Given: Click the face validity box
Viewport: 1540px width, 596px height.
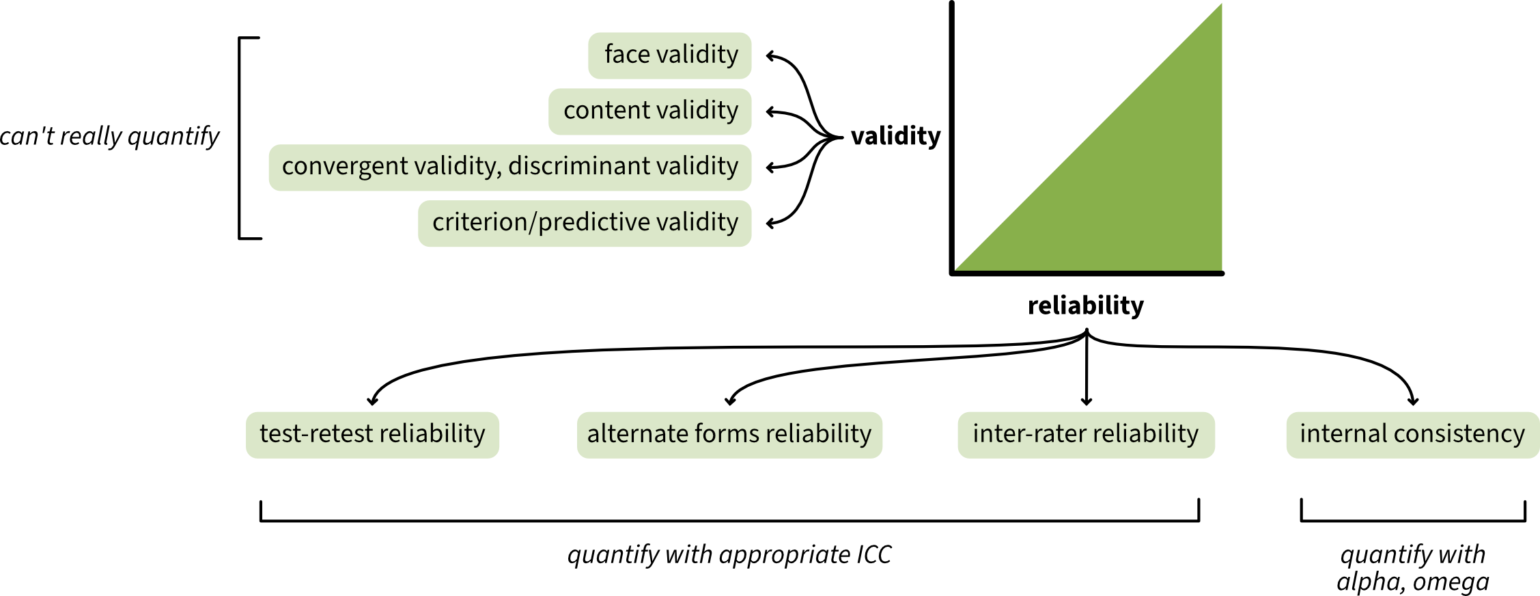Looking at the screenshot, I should pyautogui.click(x=669, y=55).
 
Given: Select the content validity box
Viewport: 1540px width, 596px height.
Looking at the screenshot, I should pyautogui.click(x=649, y=111).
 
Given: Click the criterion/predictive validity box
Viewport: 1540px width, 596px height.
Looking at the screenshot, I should pyautogui.click(x=585, y=223).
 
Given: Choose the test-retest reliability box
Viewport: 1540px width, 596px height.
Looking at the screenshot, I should pyautogui.click(x=372, y=435).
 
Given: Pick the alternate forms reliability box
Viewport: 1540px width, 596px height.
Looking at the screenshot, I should pyautogui.click(x=729, y=435).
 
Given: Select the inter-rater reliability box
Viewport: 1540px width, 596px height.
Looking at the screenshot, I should pyautogui.click(x=1086, y=435).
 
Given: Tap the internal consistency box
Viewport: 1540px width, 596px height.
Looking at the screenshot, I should pyautogui.click(x=1412, y=435).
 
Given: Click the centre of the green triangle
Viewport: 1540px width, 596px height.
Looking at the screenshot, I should pyautogui.click(x=1133, y=181).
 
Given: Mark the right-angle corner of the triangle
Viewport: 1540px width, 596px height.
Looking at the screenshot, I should pyautogui.click(x=1220, y=269).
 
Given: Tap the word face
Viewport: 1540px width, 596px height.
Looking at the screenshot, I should pyautogui.click(x=627, y=55).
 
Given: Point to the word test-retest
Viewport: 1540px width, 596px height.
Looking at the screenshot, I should pyautogui.click(x=316, y=434).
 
